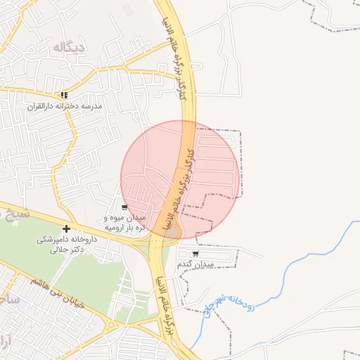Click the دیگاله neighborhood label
click(x=68, y=48)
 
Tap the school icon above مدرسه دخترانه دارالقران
click(x=64, y=95)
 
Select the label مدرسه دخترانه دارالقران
click(x=65, y=106)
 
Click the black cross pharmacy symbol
click(x=67, y=229)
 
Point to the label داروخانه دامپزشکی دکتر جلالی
click(x=61, y=244)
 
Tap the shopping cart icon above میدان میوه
click(x=124, y=207)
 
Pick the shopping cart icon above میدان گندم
click(x=195, y=254)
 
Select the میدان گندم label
click(x=195, y=264)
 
